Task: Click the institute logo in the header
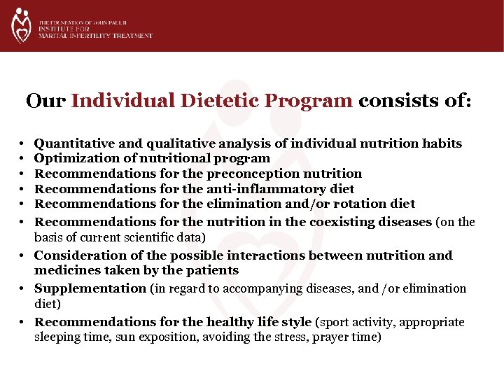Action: tap(22, 26)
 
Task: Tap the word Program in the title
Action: tap(308, 101)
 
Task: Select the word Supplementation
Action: tap(90, 288)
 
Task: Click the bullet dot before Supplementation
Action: tap(23, 288)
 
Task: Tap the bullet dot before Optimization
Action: tap(23, 159)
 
